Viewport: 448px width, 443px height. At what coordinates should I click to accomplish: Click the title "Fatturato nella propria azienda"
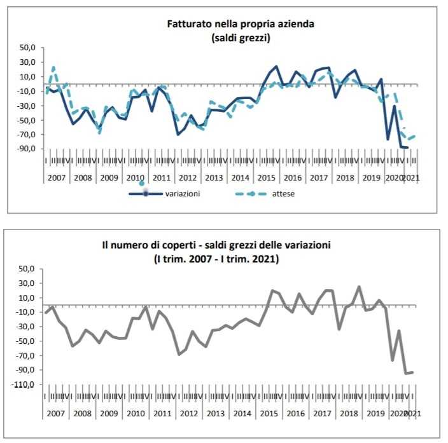coord(241,25)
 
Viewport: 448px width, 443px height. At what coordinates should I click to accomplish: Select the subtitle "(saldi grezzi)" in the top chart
coord(241,37)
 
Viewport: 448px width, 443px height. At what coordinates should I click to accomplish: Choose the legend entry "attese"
coord(283,194)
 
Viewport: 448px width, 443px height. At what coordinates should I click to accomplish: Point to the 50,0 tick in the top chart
coord(29,48)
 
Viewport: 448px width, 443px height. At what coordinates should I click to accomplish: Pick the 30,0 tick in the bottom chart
coord(29,283)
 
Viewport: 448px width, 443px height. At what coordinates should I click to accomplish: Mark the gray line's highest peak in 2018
coord(359,287)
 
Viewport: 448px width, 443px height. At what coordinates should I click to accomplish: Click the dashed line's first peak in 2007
coord(53,67)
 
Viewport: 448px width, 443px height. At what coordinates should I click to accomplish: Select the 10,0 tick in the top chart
coord(29,77)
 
